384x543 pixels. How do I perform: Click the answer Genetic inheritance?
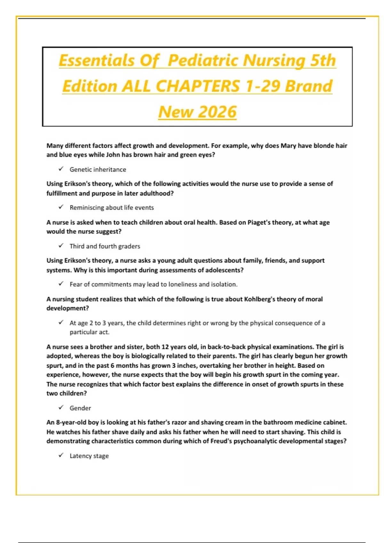coord(98,170)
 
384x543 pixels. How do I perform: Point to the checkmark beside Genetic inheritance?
coord(61,169)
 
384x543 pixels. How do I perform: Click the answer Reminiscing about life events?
coord(112,208)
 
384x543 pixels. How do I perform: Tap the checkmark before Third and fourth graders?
coord(61,246)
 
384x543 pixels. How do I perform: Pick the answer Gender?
coord(80,408)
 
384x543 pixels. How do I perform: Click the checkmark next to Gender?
coord(61,408)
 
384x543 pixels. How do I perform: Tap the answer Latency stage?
coord(89,456)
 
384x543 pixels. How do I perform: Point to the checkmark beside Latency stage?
coord(61,455)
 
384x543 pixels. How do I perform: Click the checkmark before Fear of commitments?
coord(61,284)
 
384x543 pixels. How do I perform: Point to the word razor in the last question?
coord(179,422)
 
